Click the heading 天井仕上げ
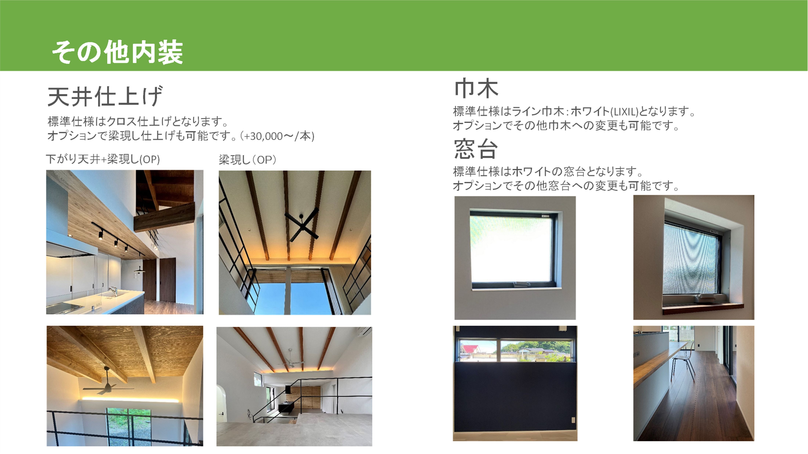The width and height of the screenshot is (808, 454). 105,96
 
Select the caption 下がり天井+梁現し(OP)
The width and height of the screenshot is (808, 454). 103,159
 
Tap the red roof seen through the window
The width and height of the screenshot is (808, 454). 470,348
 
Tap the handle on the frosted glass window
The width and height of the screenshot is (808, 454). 522,284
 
